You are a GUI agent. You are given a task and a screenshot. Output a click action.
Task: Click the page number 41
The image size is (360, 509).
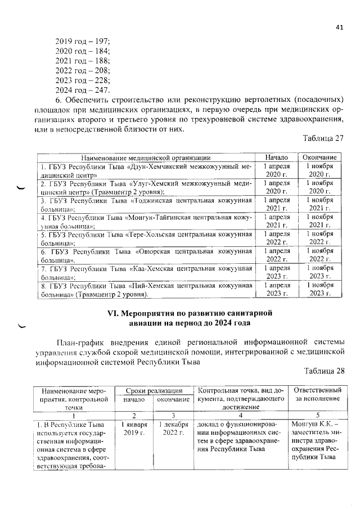[339, 27]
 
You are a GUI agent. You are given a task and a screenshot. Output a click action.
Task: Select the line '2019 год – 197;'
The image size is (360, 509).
[83, 41]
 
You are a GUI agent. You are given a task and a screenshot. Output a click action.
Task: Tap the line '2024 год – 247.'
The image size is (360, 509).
[83, 91]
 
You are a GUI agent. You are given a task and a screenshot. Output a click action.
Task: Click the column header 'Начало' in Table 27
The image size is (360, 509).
[276, 157]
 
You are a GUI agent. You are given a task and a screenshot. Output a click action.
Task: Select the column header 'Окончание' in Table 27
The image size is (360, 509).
[319, 157]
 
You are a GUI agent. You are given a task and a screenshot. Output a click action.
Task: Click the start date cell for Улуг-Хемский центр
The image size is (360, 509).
[276, 187]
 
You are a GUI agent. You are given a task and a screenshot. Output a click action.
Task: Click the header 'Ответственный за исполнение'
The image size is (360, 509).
[317, 394]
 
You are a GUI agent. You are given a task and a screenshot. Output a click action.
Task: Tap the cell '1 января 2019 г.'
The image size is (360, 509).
[134, 428]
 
